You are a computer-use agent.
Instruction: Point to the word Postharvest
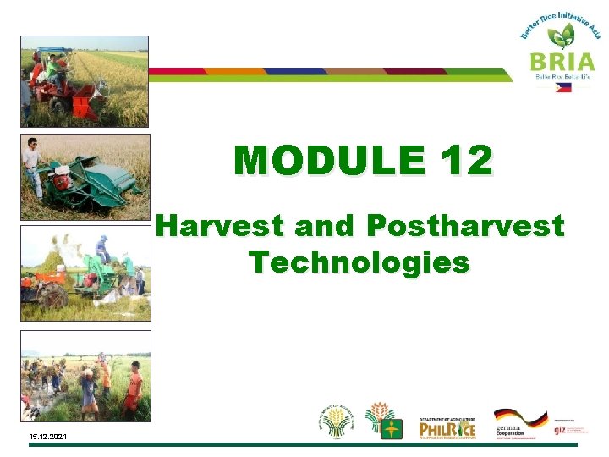point(465,226)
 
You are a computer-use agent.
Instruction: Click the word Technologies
point(359,262)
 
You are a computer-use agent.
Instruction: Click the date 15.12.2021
point(49,437)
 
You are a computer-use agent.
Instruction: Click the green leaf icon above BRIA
point(559,35)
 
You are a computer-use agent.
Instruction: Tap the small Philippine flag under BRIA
point(562,86)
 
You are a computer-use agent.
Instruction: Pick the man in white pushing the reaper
point(32,162)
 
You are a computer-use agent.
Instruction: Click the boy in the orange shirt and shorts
point(134,390)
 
